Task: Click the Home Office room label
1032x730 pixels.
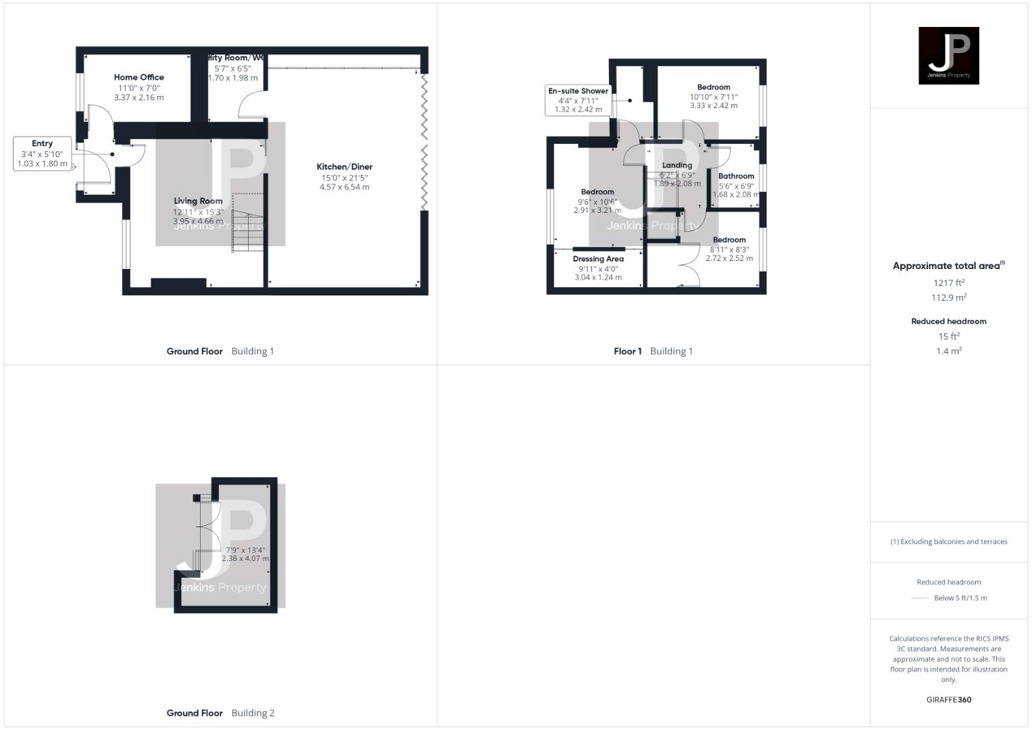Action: pyautogui.click(x=139, y=78)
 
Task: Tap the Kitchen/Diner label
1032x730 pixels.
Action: pyautogui.click(x=345, y=167)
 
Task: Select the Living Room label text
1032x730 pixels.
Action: pyautogui.click(x=198, y=201)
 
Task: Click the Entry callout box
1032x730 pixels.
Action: pyautogui.click(x=42, y=153)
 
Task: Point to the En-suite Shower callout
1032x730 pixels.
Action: pyautogui.click(x=578, y=99)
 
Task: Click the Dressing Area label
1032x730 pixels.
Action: pyautogui.click(x=598, y=259)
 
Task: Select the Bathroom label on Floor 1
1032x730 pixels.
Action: pyautogui.click(x=736, y=176)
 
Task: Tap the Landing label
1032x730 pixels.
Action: pyautogui.click(x=677, y=166)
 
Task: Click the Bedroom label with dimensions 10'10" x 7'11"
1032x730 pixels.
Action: pyautogui.click(x=714, y=87)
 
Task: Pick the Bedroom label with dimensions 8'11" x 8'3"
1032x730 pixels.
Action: pyautogui.click(x=729, y=240)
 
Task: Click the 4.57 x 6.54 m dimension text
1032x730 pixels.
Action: pyautogui.click(x=345, y=187)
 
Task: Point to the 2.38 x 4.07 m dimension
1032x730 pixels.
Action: pyautogui.click(x=245, y=559)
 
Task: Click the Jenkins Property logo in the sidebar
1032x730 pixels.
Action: pyautogui.click(x=948, y=55)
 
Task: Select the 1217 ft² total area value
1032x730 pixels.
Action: pyautogui.click(x=948, y=283)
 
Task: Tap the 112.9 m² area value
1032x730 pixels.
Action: pyautogui.click(x=948, y=298)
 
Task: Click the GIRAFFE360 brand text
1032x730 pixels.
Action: pyautogui.click(x=948, y=700)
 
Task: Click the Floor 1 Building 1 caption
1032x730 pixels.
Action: pyautogui.click(x=653, y=351)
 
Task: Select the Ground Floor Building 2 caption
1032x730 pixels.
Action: pyautogui.click(x=220, y=712)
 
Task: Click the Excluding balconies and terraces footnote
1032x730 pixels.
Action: pyautogui.click(x=948, y=541)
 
